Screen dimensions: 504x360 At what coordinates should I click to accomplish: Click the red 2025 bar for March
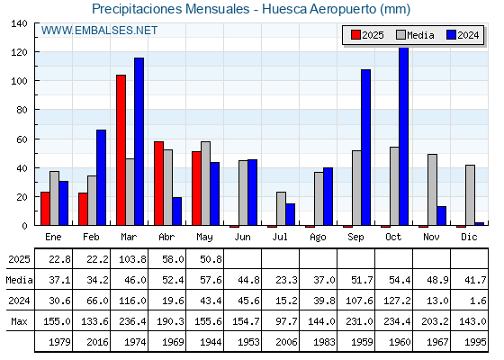tap(121, 150)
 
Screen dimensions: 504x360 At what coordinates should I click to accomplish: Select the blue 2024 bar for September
tap(365, 148)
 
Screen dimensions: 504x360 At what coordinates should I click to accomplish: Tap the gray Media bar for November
tap(432, 190)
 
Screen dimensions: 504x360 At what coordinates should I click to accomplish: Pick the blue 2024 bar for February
tap(101, 177)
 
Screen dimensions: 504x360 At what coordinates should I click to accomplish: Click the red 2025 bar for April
tap(158, 184)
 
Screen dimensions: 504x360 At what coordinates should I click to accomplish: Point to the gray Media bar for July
tap(281, 209)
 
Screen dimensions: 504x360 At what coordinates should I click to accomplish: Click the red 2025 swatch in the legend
tap(355, 35)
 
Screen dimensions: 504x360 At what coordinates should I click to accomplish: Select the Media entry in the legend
tap(416, 35)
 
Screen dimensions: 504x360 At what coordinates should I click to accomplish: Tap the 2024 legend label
tap(468, 35)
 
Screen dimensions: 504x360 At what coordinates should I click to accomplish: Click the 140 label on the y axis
tap(19, 23)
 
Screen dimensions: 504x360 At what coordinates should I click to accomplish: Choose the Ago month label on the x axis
tap(318, 238)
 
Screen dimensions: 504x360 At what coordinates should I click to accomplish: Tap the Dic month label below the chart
tap(469, 237)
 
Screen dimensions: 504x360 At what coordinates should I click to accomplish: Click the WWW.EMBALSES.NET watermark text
tap(99, 31)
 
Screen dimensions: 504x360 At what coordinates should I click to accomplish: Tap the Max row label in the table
tap(19, 321)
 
